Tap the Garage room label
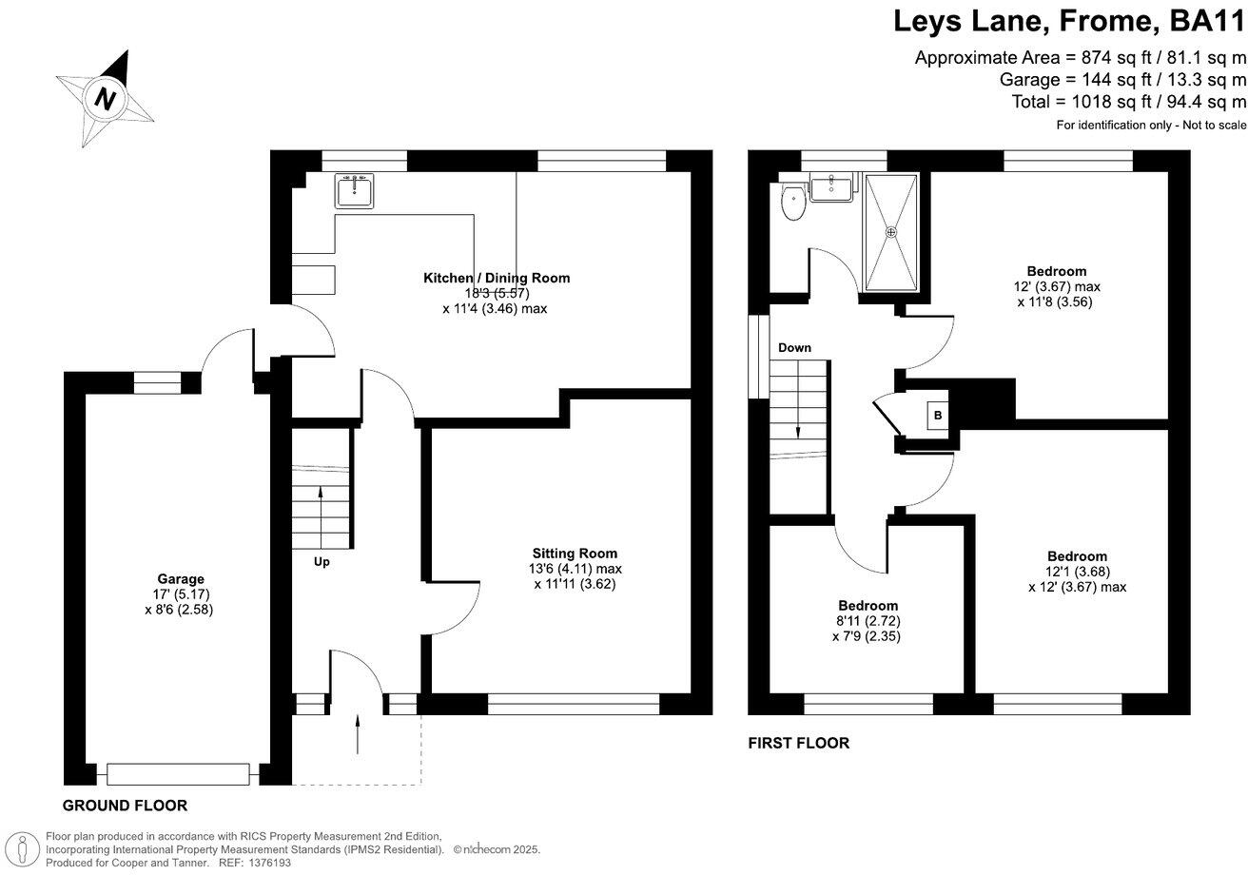click(x=181, y=579)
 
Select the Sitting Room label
click(x=575, y=554)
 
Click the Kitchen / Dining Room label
click(x=497, y=278)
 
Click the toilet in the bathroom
click(x=791, y=202)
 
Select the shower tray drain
click(x=891, y=231)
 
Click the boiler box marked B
click(x=938, y=415)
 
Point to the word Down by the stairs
click(x=794, y=348)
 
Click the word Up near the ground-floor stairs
click(x=322, y=562)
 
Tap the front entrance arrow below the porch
click(x=358, y=734)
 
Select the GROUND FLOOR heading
click(x=125, y=806)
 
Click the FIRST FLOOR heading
click(x=798, y=744)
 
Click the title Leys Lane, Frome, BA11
click(x=1068, y=20)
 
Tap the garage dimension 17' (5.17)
click(x=180, y=594)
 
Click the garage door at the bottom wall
click(x=178, y=774)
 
